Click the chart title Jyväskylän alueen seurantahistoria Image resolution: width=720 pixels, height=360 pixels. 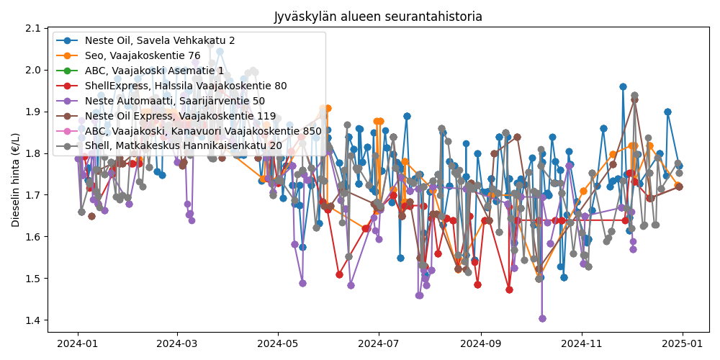click(x=378, y=17)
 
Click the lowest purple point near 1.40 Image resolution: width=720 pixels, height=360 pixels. click(x=542, y=318)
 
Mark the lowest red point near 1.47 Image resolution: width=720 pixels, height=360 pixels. click(x=509, y=289)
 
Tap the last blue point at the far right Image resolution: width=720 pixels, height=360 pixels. click(x=679, y=166)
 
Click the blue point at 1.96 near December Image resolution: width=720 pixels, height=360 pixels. click(x=623, y=86)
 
